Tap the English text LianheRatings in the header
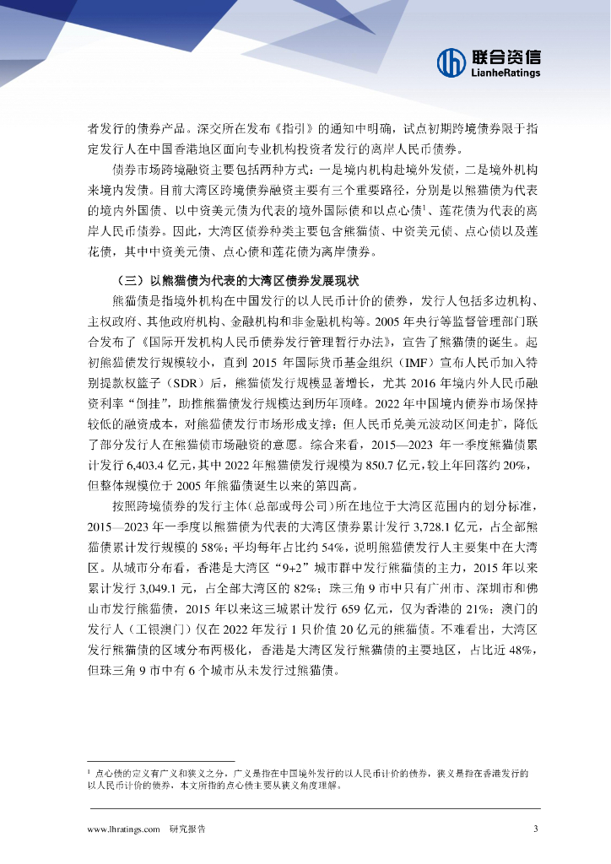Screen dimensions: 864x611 click(x=505, y=73)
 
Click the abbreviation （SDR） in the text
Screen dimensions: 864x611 click(x=196, y=382)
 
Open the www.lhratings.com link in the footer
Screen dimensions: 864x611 click(x=124, y=829)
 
